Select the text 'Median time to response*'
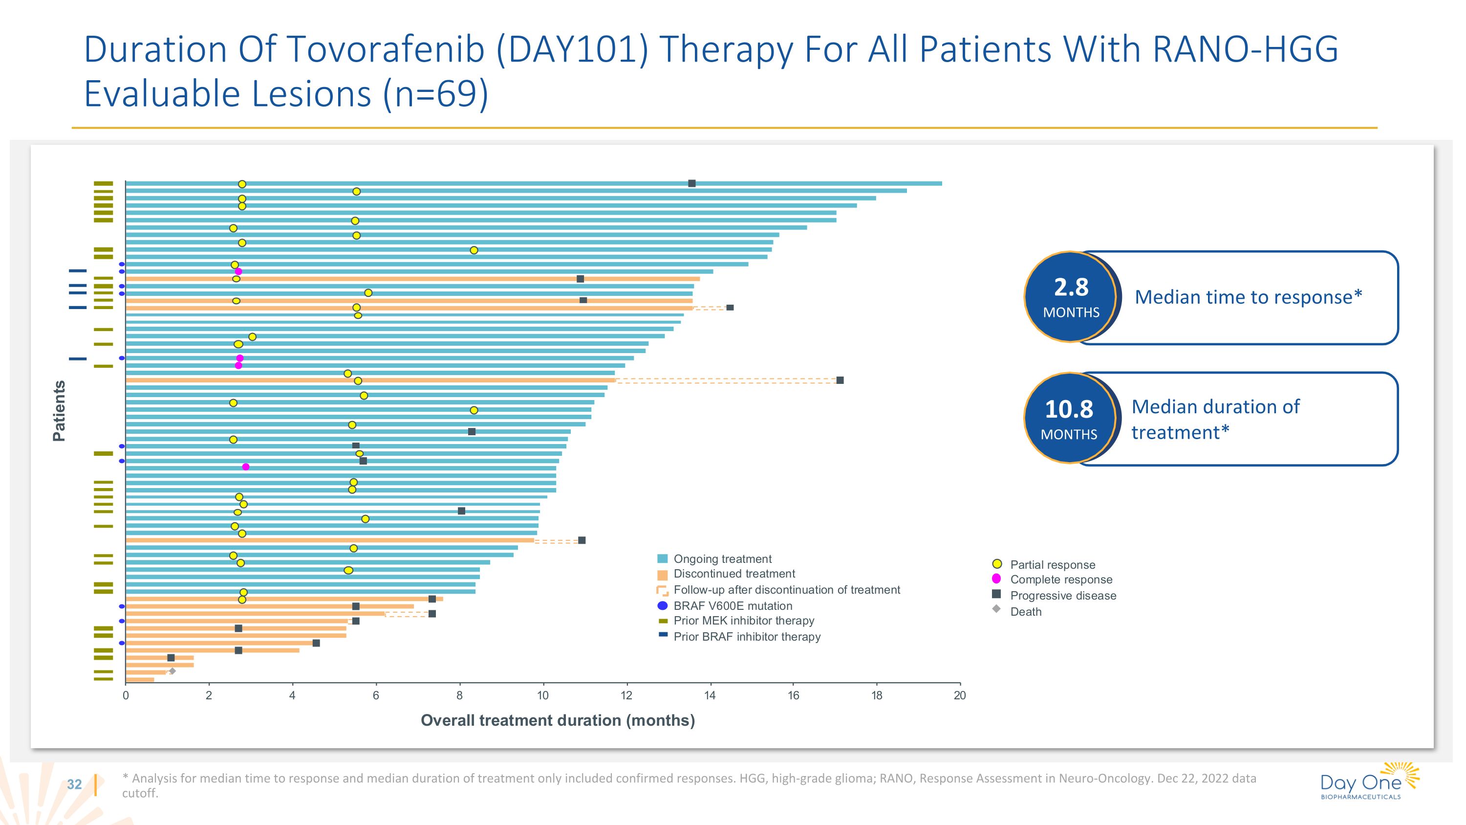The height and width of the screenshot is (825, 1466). (1248, 297)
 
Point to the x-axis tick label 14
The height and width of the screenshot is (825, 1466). (710, 695)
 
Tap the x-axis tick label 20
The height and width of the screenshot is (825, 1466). (960, 695)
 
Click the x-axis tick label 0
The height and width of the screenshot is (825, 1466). (126, 695)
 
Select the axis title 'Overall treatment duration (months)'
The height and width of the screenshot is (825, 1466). (558, 720)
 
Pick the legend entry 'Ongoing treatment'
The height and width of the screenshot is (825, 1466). (722, 558)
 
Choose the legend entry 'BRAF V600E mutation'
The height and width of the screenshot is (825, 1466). (733, 606)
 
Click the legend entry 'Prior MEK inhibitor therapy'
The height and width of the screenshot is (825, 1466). (743, 621)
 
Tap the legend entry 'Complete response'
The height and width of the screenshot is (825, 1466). (1061, 580)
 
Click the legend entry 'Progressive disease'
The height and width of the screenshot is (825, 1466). (1062, 596)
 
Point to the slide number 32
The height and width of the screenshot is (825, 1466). (75, 784)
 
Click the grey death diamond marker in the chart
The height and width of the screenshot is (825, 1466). (172, 671)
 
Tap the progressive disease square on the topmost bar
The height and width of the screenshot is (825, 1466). (691, 183)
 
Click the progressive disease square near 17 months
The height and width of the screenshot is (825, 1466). (840, 380)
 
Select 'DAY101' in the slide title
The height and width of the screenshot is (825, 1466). (572, 49)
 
